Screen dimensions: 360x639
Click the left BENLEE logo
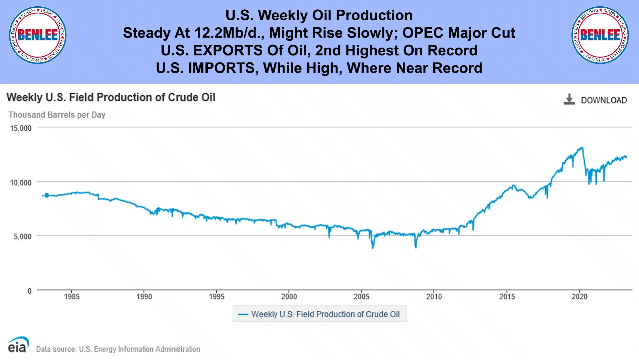pyautogui.click(x=37, y=35)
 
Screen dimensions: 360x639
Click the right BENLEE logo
pyautogui.click(x=600, y=35)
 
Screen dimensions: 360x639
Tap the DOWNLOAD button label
pyautogui.click(x=604, y=100)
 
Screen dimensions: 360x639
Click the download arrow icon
pyautogui.click(x=569, y=99)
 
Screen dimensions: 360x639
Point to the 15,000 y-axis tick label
pyautogui.click(x=21, y=128)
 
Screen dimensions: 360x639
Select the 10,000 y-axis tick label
pyautogui.click(x=21, y=182)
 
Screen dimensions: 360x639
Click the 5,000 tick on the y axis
pyautogui.click(x=23, y=236)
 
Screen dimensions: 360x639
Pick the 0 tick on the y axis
pyautogui.click(x=29, y=291)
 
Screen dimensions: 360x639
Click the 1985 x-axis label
pyautogui.click(x=72, y=297)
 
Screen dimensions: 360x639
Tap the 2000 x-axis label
pyautogui.click(x=289, y=297)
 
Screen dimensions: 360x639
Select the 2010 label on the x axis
pyautogui.click(x=434, y=297)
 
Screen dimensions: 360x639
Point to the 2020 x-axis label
pyautogui.click(x=579, y=297)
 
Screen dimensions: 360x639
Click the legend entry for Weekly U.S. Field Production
pyautogui.click(x=319, y=314)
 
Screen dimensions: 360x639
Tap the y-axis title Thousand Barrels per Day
pyautogui.click(x=57, y=115)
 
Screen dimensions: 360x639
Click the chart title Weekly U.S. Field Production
pyautogui.click(x=111, y=97)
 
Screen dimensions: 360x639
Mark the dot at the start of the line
pyautogui.click(x=47, y=195)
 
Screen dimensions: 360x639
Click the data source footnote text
pyautogui.click(x=118, y=349)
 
